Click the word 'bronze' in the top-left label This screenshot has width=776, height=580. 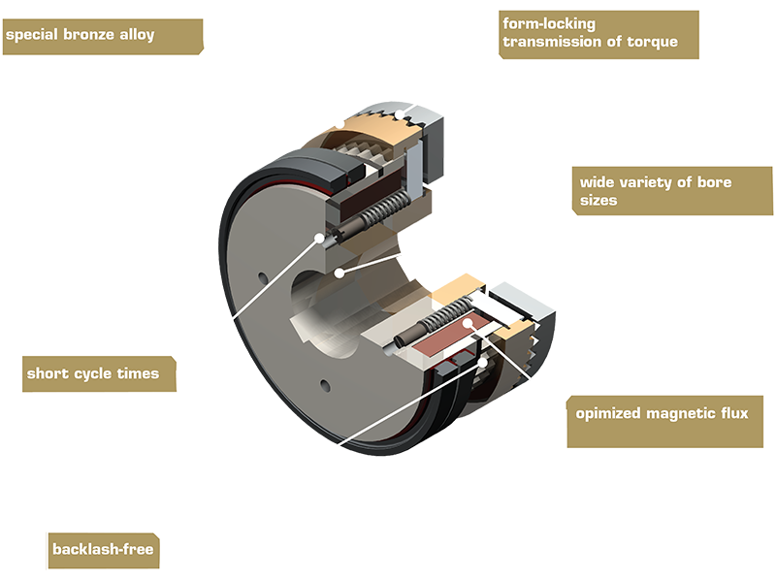click(x=97, y=35)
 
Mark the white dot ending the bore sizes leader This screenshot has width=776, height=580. click(x=339, y=273)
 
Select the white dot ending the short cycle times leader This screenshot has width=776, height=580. click(x=319, y=235)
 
